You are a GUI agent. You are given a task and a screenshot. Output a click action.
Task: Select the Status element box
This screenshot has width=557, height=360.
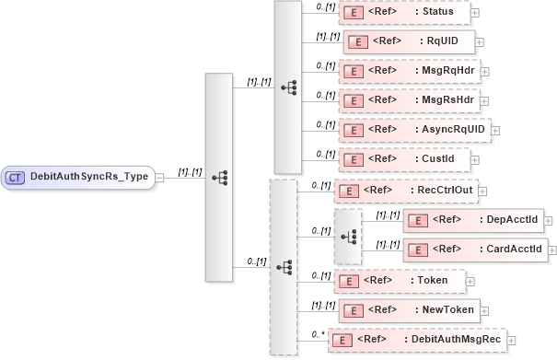[405, 12]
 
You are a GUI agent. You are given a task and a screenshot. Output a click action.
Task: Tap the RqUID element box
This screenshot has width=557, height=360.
[409, 41]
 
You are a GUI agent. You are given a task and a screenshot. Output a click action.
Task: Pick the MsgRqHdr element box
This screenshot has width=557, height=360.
[409, 71]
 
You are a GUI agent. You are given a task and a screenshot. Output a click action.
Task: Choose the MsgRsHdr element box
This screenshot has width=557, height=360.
[409, 100]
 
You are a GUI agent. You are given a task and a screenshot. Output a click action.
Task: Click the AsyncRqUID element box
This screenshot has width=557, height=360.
[414, 130]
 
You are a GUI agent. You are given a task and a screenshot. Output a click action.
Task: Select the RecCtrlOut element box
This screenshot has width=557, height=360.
[405, 191]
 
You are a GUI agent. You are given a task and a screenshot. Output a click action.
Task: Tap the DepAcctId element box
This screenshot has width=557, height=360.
[474, 220]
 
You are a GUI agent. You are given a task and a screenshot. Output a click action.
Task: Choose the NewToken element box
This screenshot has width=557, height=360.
[405, 309]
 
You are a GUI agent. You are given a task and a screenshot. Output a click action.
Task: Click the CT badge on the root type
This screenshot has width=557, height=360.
[16, 177]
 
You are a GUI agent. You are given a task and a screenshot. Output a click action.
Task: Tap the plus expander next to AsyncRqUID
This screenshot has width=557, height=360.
[496, 131]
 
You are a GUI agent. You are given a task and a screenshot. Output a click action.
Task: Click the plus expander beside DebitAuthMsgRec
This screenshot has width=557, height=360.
[511, 341]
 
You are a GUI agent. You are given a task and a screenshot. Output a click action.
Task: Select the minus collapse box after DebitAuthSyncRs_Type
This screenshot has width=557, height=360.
[159, 177]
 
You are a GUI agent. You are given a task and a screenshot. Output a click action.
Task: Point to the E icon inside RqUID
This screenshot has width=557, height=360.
[356, 42]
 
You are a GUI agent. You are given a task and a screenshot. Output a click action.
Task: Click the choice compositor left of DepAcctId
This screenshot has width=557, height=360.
[348, 235]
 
